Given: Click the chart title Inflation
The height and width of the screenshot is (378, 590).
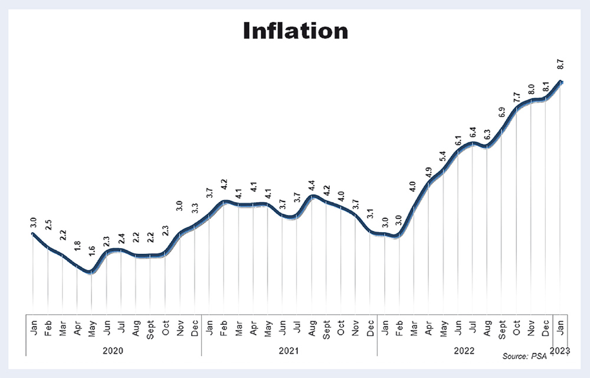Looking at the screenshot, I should (296, 31).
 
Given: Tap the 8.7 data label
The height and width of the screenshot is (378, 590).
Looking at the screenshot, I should (560, 64).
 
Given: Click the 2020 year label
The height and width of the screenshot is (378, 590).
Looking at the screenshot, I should (113, 351).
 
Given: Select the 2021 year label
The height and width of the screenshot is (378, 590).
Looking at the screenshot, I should (289, 351).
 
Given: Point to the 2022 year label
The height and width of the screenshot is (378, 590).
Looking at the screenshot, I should (464, 351).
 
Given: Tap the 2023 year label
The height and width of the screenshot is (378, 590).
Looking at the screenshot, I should (560, 351).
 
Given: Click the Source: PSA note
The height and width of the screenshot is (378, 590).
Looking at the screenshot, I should (524, 357).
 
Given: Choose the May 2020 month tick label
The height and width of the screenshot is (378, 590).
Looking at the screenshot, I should (91, 327).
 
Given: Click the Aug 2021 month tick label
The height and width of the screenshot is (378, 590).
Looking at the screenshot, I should (312, 327).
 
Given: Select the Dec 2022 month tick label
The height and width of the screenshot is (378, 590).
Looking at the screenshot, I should (546, 327).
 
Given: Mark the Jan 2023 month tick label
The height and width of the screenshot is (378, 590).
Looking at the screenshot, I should (560, 327).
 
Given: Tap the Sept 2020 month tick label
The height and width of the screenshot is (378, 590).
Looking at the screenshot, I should (150, 327).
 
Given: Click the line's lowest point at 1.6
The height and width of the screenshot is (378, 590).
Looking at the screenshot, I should (90, 272).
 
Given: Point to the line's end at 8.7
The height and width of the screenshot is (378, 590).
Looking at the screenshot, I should (562, 82).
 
